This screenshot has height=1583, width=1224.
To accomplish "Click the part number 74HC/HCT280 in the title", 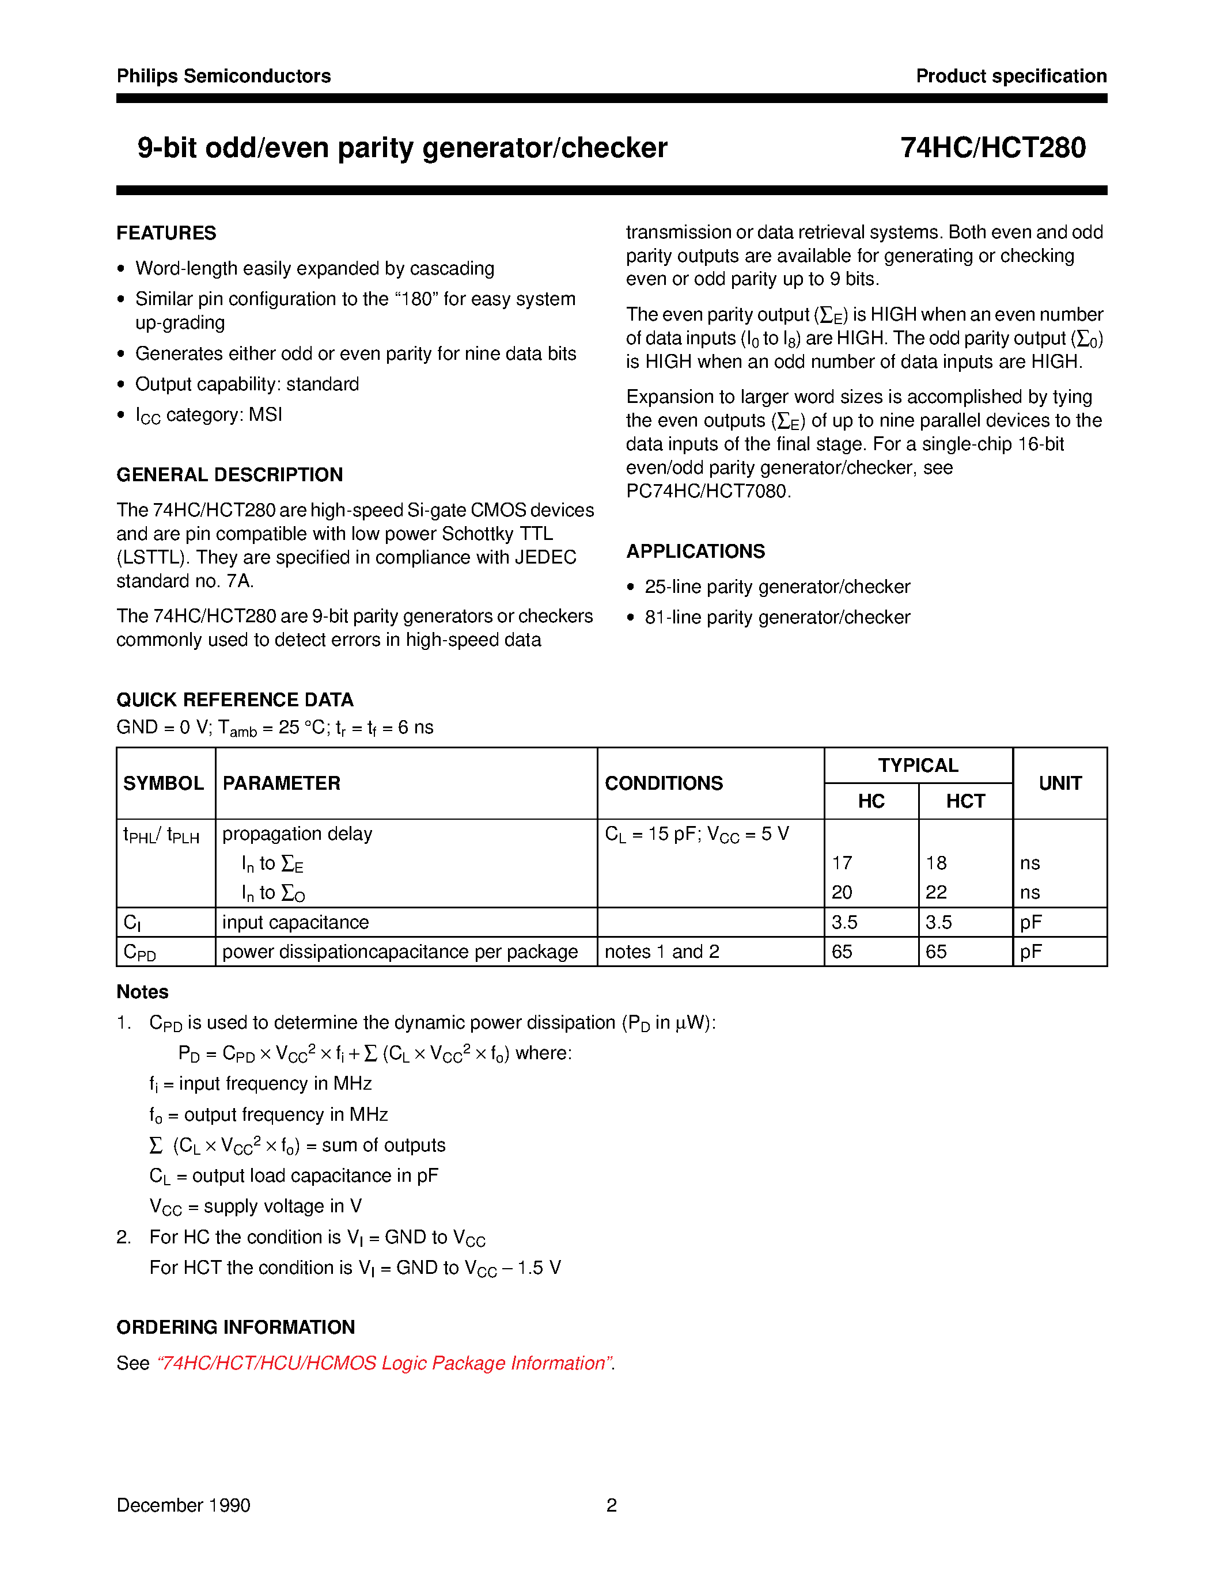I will tap(992, 148).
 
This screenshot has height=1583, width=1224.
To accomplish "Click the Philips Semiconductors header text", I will tap(223, 76).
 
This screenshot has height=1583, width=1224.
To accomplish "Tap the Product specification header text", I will tap(1011, 76).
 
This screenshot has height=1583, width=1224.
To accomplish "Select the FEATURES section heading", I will tap(166, 233).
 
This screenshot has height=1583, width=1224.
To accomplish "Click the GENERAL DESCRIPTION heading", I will tap(229, 475).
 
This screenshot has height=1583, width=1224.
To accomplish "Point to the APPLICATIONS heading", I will tap(695, 551).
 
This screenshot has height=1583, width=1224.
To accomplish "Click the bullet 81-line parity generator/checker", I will tap(776, 617).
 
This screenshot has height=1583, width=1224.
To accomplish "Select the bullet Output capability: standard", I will tap(247, 384).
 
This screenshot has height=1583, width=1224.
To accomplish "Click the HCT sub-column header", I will tap(965, 801).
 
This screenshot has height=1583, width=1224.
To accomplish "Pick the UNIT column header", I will tap(1059, 783).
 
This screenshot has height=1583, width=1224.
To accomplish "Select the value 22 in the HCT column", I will tap(935, 892).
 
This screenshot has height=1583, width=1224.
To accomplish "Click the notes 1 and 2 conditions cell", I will tap(661, 951).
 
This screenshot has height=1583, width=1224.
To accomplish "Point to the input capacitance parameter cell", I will tap(295, 922).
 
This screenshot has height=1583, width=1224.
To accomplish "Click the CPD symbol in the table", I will tap(140, 952).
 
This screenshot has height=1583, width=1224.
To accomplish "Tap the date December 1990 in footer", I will tap(183, 1505).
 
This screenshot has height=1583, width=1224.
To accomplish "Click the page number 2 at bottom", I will tap(611, 1505).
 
